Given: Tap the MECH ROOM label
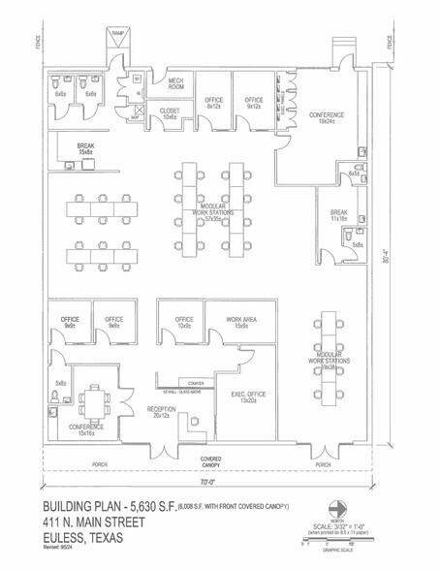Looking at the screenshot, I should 176,84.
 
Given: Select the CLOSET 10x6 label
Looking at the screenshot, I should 171,114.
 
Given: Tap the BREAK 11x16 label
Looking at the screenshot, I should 338,215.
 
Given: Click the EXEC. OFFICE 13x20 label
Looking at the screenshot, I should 247,396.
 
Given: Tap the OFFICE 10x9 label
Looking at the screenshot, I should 185,323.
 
